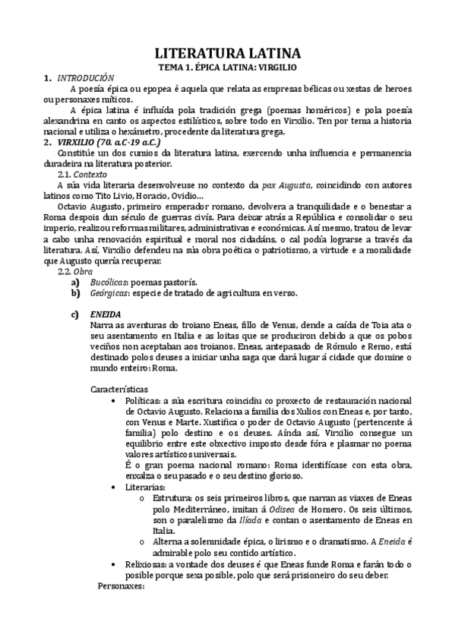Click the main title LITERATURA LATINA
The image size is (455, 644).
[x=227, y=53]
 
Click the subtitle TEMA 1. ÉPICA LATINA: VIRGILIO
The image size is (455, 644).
[x=227, y=67]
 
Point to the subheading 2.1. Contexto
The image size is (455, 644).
[x=84, y=173]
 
